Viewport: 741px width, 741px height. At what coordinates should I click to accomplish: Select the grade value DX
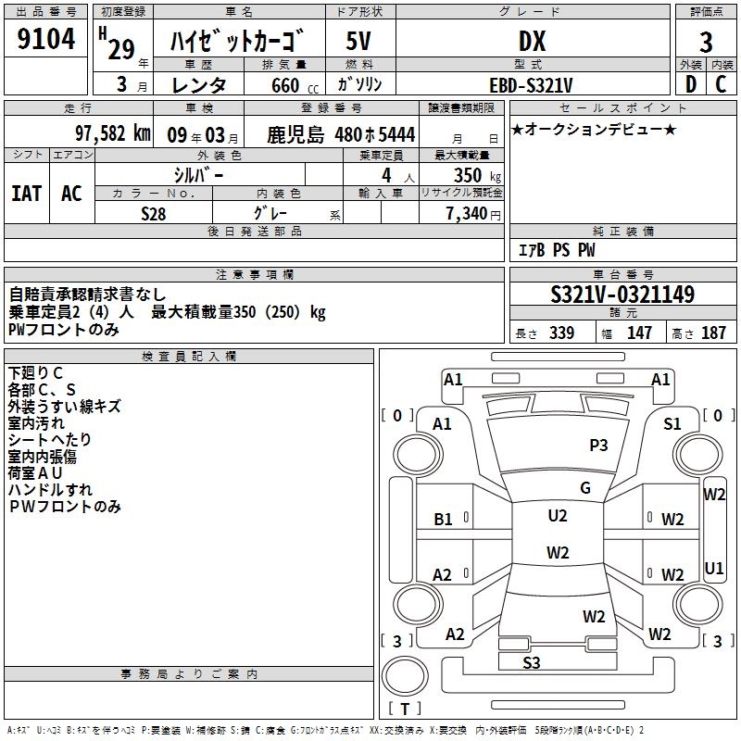point(532,42)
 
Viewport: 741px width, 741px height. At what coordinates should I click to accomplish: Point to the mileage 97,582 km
point(112,132)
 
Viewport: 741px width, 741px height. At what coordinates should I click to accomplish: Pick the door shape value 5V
point(359,42)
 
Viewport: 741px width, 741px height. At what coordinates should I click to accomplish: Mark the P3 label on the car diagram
point(598,446)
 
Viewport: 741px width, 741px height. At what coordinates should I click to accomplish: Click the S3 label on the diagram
point(532,662)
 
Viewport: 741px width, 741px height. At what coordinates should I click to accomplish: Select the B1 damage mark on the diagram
point(444,520)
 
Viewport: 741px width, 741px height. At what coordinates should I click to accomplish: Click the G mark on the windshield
point(585,488)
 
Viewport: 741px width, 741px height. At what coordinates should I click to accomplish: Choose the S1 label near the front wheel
point(672,423)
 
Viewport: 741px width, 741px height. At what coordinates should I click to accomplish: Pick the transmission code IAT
point(26,193)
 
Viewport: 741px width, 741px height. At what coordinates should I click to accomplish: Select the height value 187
point(713,333)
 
